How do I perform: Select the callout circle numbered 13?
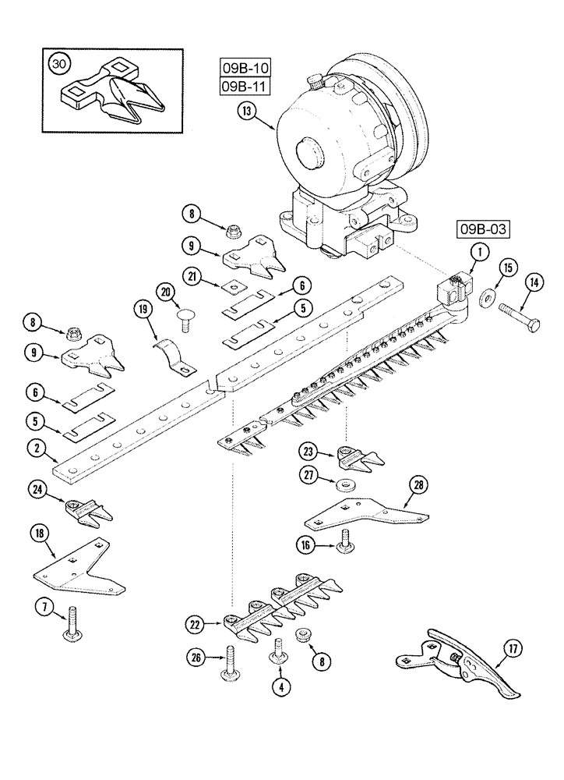(247, 112)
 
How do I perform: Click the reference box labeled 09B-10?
(238, 68)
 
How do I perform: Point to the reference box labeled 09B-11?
(238, 85)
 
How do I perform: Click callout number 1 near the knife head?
(479, 251)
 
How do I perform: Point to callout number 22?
(196, 623)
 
